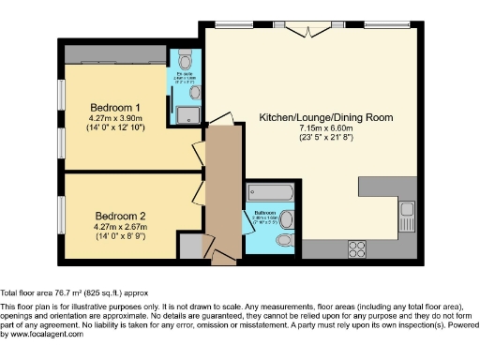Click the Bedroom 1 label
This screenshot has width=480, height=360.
115,106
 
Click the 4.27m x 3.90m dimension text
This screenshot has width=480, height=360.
115,118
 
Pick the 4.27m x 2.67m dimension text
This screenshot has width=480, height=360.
115,226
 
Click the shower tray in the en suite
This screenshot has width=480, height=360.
189,114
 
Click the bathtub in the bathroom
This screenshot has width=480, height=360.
270,195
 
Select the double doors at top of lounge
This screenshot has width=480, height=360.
308,29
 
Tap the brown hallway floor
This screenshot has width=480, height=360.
223,187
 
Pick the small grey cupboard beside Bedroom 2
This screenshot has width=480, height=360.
191,245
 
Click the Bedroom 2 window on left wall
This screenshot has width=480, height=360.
61,215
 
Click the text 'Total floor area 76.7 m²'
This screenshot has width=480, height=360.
54,292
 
